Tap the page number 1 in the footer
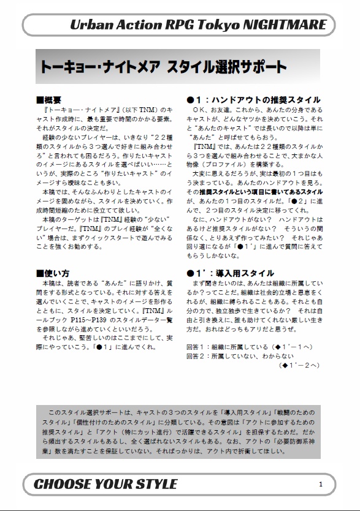click(x=321, y=484)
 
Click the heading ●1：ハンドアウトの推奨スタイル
click(x=253, y=99)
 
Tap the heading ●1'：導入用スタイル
click(x=230, y=273)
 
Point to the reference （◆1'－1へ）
click(x=291, y=346)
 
